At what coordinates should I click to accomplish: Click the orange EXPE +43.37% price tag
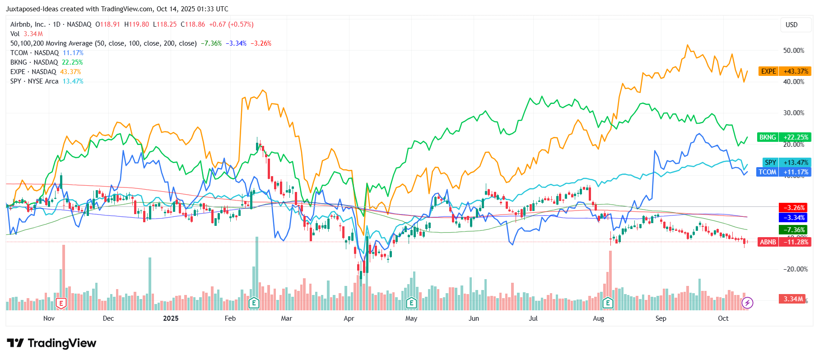[785, 71]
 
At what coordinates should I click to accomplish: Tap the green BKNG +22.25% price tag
[784, 137]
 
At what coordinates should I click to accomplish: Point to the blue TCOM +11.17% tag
[784, 172]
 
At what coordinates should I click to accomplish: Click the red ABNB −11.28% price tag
[784, 242]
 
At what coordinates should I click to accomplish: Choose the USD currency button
[791, 25]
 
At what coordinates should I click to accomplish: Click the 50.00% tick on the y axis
[793, 51]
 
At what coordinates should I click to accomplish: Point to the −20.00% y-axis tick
[795, 269]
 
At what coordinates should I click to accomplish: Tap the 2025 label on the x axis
[171, 318]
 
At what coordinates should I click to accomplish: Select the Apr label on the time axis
[349, 318]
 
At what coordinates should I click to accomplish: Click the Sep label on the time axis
[661, 318]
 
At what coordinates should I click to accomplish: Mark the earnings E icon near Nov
[61, 303]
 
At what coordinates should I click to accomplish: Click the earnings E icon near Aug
[608, 303]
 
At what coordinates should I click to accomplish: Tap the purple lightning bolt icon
[748, 303]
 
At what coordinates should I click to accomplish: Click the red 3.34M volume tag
[793, 299]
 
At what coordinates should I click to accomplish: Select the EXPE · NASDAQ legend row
[45, 72]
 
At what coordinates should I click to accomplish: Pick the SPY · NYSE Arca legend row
[47, 81]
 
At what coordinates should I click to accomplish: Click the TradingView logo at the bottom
[51, 343]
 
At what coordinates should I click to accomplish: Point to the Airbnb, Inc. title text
[28, 24]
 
